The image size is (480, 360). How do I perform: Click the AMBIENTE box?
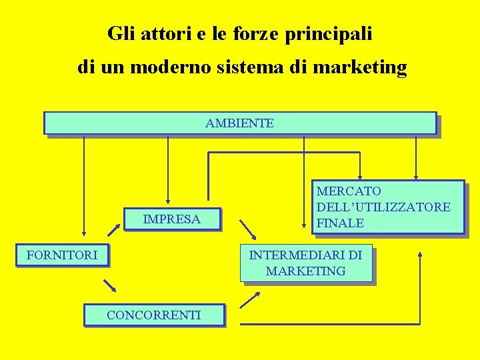(x=239, y=123)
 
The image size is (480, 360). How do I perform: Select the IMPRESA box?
(x=172, y=219)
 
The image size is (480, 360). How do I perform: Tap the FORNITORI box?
(x=62, y=255)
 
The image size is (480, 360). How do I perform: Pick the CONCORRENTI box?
(x=154, y=315)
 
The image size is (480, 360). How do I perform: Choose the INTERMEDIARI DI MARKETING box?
(x=305, y=263)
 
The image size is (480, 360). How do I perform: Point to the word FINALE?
(x=340, y=223)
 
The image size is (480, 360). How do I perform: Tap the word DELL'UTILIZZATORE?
(x=383, y=207)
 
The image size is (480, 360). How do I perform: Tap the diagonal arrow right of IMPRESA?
(x=247, y=229)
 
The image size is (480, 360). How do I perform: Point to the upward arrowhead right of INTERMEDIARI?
(x=421, y=254)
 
